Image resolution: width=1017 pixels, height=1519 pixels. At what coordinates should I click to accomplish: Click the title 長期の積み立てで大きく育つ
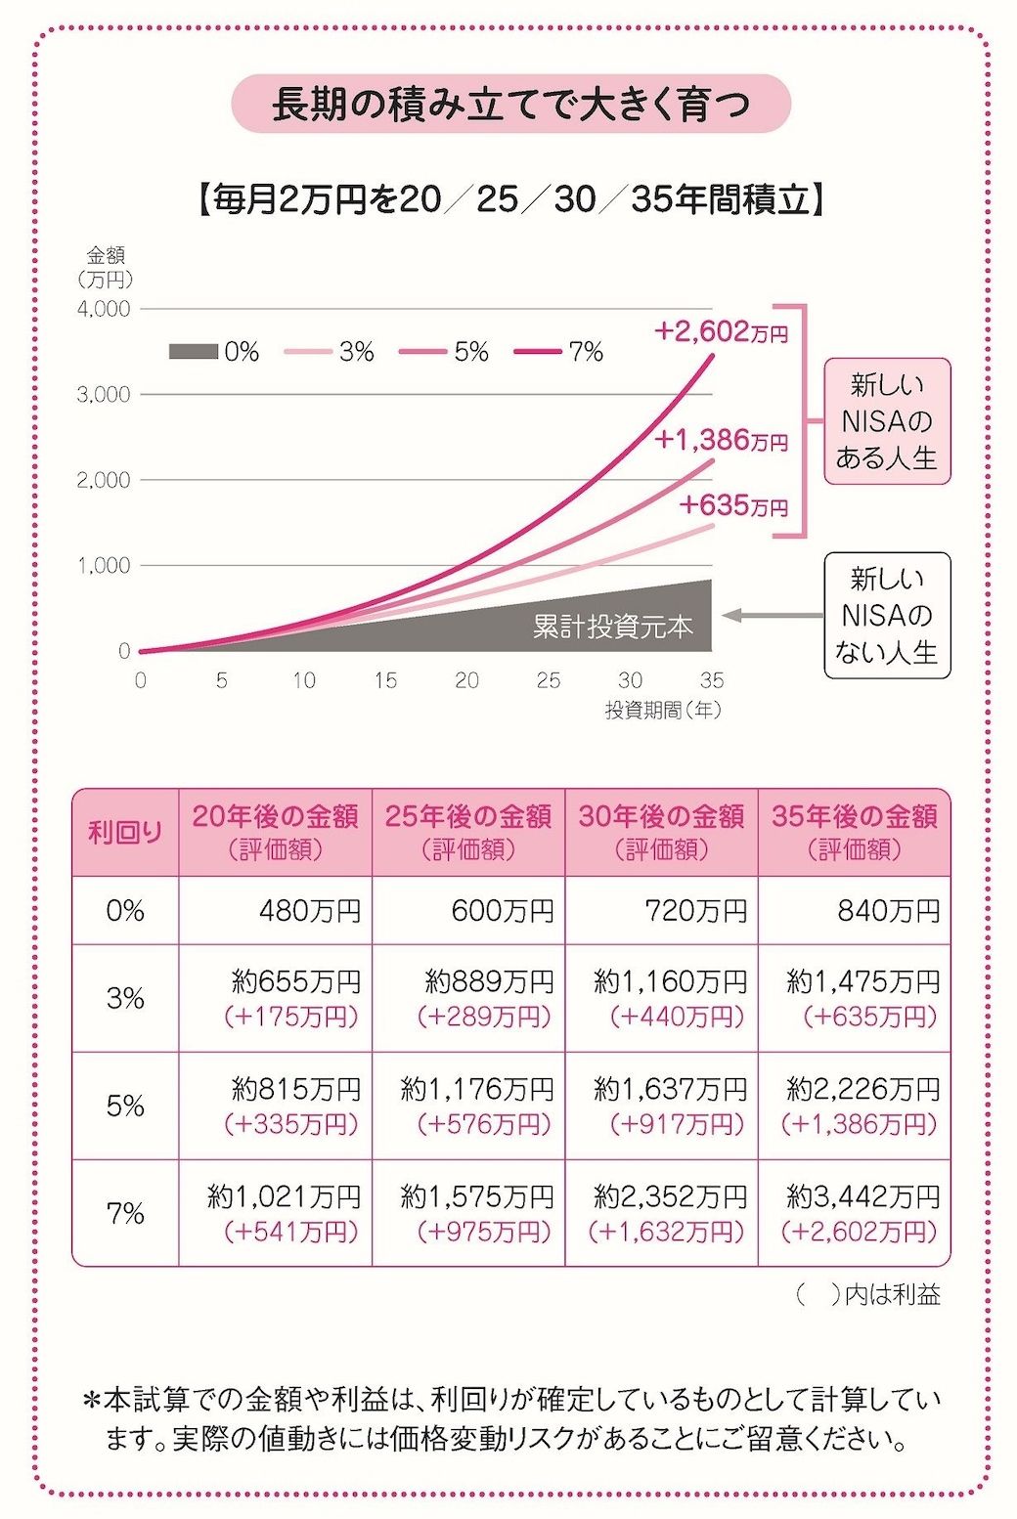(509, 104)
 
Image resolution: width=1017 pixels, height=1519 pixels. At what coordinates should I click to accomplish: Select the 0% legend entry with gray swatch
(213, 352)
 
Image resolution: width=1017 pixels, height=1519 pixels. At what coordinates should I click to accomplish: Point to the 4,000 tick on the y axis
(104, 309)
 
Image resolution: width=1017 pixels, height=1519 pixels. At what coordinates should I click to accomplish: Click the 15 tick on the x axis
(385, 680)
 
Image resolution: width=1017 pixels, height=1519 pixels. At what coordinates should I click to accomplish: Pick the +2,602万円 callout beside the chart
(721, 332)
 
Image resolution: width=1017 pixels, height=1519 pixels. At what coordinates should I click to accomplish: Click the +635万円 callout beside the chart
(733, 505)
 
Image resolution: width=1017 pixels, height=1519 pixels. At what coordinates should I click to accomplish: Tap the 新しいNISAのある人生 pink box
(886, 421)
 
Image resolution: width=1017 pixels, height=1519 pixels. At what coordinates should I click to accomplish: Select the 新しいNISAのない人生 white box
(886, 616)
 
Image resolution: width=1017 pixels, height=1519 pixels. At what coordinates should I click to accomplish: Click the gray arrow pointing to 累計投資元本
(773, 616)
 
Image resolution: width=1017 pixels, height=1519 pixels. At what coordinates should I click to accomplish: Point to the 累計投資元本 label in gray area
(612, 627)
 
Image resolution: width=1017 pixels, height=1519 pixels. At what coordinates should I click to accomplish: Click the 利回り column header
(125, 833)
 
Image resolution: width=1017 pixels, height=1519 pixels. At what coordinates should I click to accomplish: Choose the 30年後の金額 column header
(661, 832)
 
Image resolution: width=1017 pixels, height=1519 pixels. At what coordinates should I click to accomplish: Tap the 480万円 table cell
(309, 911)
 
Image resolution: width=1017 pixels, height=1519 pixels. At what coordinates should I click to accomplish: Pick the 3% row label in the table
(125, 998)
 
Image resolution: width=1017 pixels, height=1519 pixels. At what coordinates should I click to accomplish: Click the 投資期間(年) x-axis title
(662, 711)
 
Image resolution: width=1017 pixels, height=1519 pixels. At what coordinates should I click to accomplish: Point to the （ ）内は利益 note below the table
(868, 1295)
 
